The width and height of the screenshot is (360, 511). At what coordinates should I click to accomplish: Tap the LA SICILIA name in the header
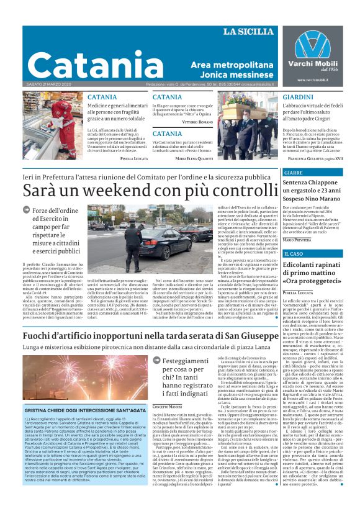pos(248,32)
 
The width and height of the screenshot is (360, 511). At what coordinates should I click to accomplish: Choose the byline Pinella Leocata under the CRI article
pos(133,158)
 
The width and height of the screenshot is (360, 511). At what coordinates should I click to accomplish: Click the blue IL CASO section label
pos(294,254)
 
